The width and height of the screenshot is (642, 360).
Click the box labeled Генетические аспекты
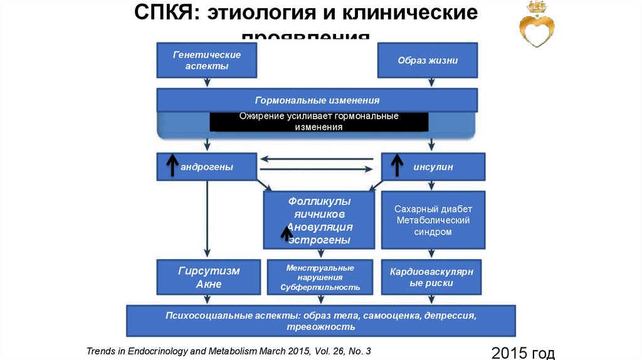click(x=207, y=60)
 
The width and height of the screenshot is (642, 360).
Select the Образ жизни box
click(x=427, y=60)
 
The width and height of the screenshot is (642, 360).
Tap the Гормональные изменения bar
click(x=317, y=100)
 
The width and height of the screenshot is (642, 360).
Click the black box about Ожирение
click(x=318, y=122)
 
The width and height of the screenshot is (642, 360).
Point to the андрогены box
click(x=207, y=167)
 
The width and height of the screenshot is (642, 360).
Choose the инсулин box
click(x=433, y=167)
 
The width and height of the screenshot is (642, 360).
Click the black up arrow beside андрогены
click(x=171, y=166)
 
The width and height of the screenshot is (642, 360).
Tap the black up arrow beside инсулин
click(x=397, y=166)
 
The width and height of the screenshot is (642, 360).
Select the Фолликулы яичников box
click(x=319, y=220)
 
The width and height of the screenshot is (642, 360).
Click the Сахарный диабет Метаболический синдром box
click(x=433, y=220)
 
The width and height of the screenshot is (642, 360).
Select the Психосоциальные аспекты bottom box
click(x=321, y=320)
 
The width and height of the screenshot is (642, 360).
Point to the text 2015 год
click(x=523, y=352)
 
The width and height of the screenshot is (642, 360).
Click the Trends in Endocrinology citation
click(x=229, y=351)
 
